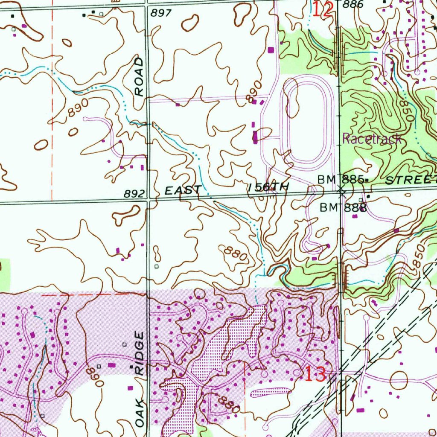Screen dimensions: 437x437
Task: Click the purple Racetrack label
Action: pyautogui.click(x=372, y=138)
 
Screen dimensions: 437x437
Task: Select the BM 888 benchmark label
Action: pyautogui.click(x=344, y=208)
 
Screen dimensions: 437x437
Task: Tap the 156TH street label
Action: pyautogui.click(x=268, y=187)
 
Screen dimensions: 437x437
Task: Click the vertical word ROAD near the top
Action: pyautogui.click(x=139, y=77)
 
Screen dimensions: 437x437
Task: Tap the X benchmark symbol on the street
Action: pyautogui.click(x=341, y=191)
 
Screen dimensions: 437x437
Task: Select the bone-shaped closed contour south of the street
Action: pyautogui.click(x=126, y=214)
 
